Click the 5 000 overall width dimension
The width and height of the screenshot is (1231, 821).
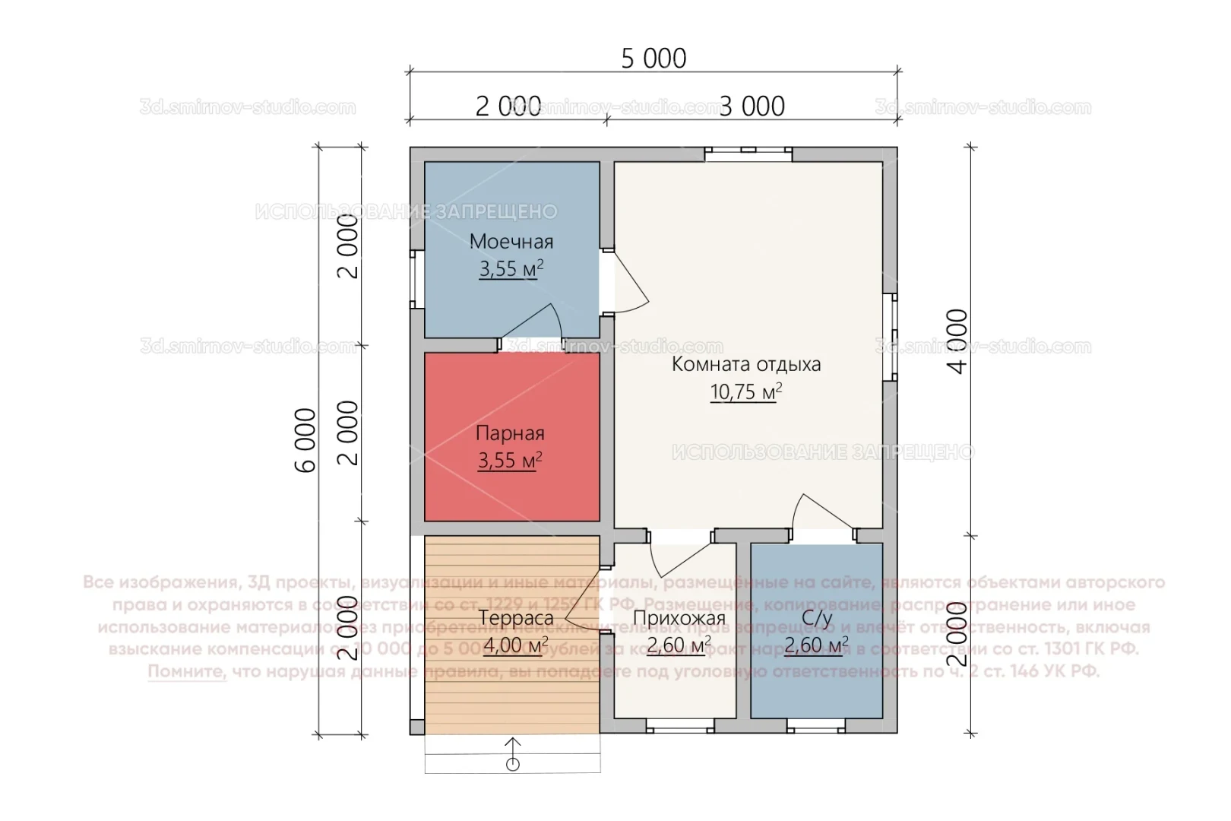pos(653,59)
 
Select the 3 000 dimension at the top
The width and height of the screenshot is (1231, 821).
pos(752,106)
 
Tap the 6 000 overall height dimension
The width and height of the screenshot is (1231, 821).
pos(305,440)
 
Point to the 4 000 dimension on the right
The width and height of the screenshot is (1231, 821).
pos(959,341)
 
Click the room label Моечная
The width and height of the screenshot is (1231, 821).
pos(511,242)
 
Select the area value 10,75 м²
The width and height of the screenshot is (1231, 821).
pos(745,392)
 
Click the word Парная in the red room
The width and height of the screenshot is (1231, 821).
pos(510,433)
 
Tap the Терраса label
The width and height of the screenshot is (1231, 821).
pos(516,619)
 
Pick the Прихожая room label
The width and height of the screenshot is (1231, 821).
pos(679,619)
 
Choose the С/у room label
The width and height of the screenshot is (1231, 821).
pos(817,619)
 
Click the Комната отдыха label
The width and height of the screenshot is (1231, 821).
pos(745,364)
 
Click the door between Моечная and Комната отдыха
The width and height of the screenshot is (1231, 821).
pos(628,282)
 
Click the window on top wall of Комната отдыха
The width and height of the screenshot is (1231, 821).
pos(748,154)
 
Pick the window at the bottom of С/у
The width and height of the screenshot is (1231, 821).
pos(816,727)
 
